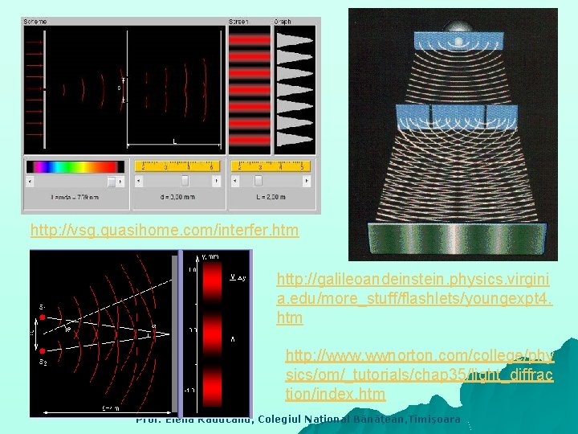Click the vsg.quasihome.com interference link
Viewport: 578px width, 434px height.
click(x=164, y=231)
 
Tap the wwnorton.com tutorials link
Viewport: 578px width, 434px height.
click(x=419, y=375)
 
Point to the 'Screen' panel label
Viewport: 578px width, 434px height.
click(x=238, y=22)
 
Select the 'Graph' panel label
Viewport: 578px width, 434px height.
click(x=283, y=22)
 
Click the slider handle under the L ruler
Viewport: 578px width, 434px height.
click(x=258, y=181)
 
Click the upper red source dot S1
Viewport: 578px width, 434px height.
click(x=43, y=317)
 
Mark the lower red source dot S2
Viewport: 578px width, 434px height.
click(x=43, y=351)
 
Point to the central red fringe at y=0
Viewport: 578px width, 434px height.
click(x=212, y=330)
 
